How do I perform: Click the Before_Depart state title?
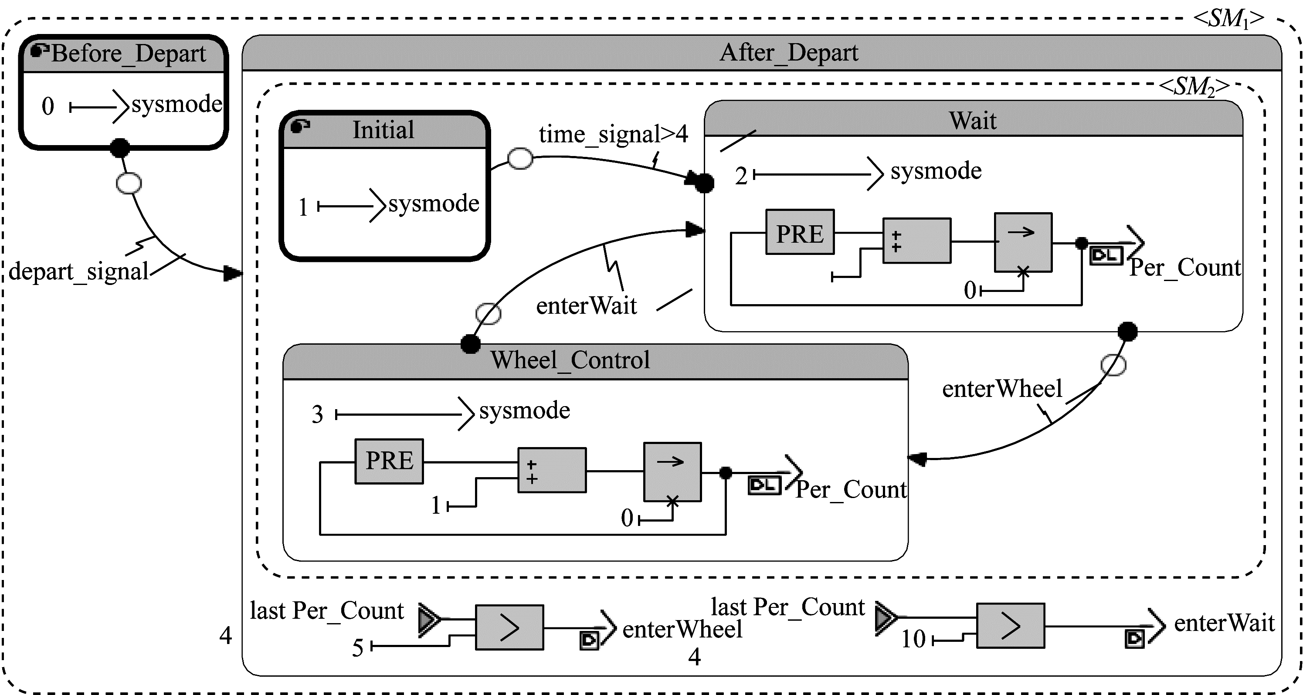coord(128,54)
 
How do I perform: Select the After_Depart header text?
coord(789,53)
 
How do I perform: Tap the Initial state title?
coord(383,130)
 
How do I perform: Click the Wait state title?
coord(972,121)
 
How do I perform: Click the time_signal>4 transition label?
coord(613,135)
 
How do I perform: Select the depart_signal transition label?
coord(78,271)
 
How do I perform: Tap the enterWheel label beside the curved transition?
coord(1001,389)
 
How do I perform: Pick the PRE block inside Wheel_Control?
coord(389,461)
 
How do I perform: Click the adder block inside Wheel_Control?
coord(552,470)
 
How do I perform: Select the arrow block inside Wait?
coord(1023,242)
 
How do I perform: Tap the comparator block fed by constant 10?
coord(1010,626)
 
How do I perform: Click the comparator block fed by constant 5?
coord(509,627)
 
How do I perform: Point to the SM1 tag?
coord(1228,19)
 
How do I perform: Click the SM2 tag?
coord(1193,87)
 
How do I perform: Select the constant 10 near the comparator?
coord(913,639)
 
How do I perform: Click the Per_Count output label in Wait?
coord(1184,268)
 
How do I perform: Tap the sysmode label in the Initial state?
coord(434,204)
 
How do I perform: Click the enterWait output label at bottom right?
coord(1224,623)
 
